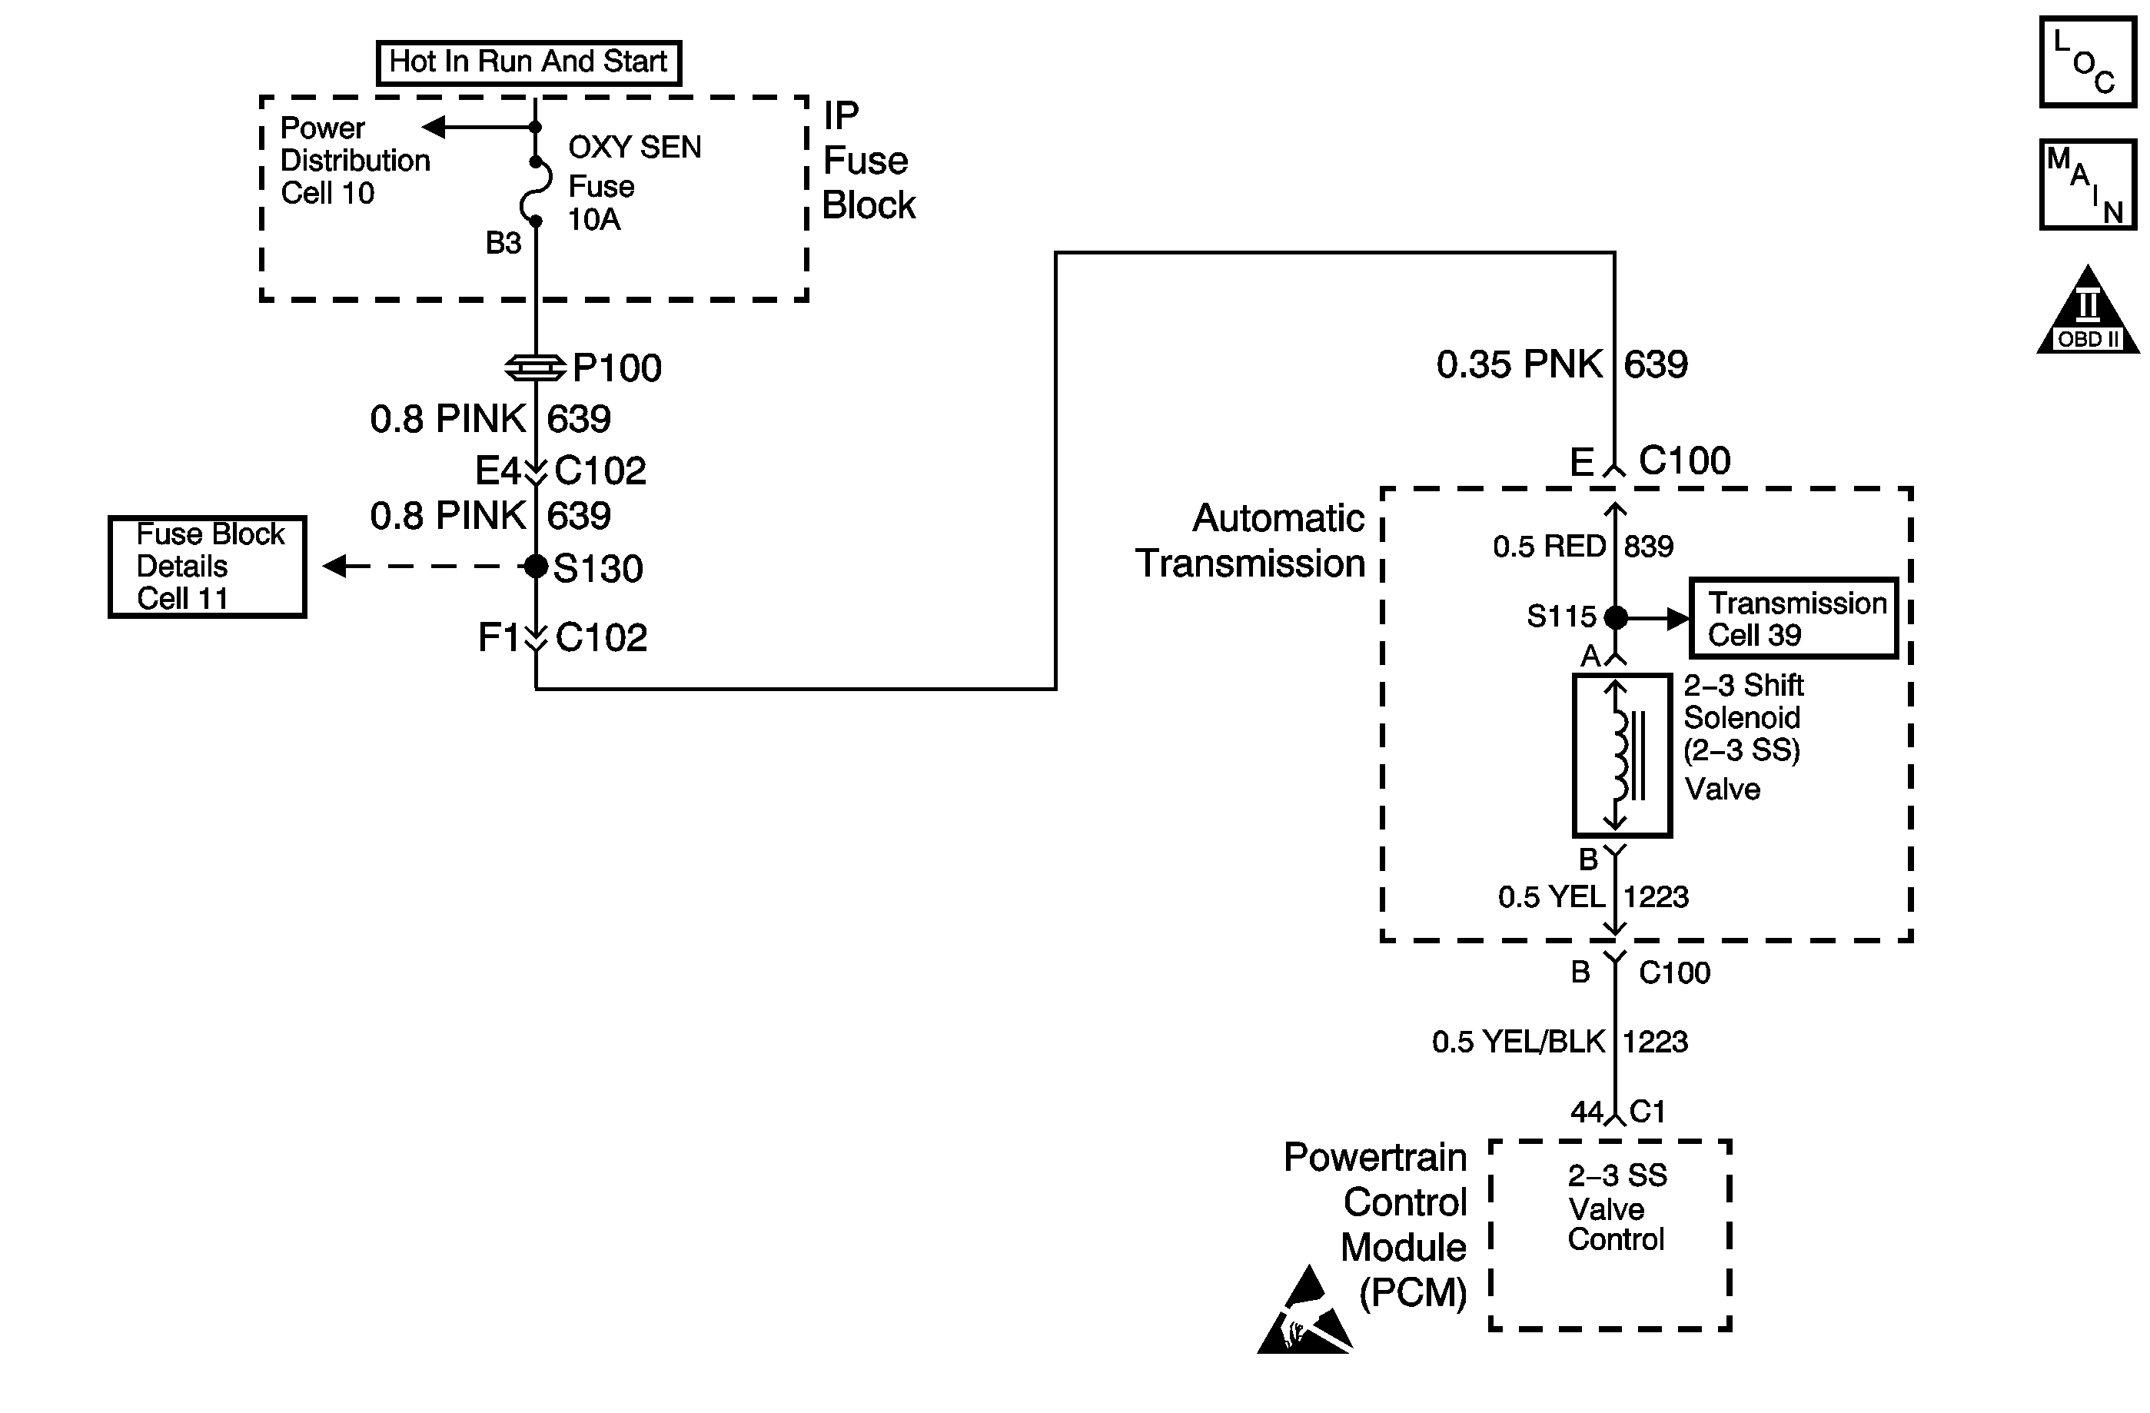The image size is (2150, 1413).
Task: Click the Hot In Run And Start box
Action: pos(528,62)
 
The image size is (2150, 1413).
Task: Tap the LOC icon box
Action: pos(2087,62)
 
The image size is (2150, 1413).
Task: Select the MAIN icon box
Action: pos(2087,185)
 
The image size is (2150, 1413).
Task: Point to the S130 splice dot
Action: pos(536,567)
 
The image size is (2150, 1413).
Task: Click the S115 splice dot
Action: pos(1615,618)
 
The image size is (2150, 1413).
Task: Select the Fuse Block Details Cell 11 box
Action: pos(207,567)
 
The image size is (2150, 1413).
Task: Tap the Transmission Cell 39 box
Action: pos(1793,618)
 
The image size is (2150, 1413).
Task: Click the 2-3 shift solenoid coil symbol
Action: pos(1622,755)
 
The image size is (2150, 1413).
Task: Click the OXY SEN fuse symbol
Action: pos(537,191)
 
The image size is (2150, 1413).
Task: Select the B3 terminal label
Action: pos(503,243)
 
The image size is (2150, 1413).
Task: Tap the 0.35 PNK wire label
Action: pos(1519,364)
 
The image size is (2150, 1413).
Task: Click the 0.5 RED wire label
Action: pos(1548,546)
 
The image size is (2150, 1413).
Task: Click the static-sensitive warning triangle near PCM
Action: pos(1304,1315)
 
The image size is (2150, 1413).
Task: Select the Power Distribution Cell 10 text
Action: pos(354,161)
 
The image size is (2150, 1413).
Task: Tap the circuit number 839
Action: pos(1649,546)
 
